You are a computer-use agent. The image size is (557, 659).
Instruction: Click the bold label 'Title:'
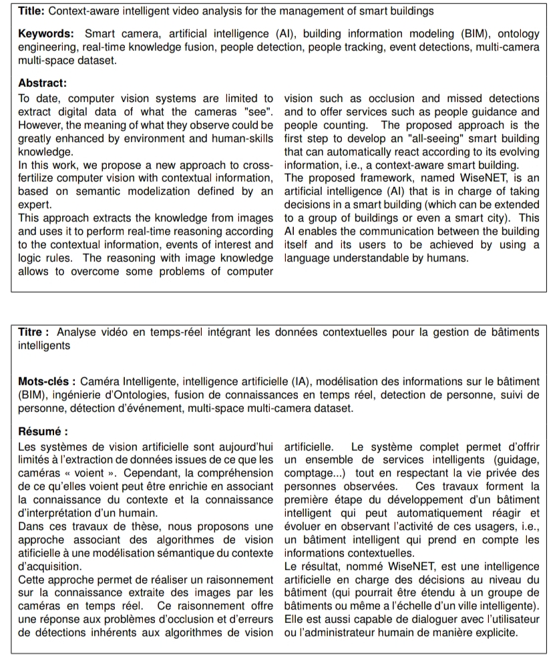tap(31, 11)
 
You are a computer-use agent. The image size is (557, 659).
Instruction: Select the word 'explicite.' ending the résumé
tap(495, 631)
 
